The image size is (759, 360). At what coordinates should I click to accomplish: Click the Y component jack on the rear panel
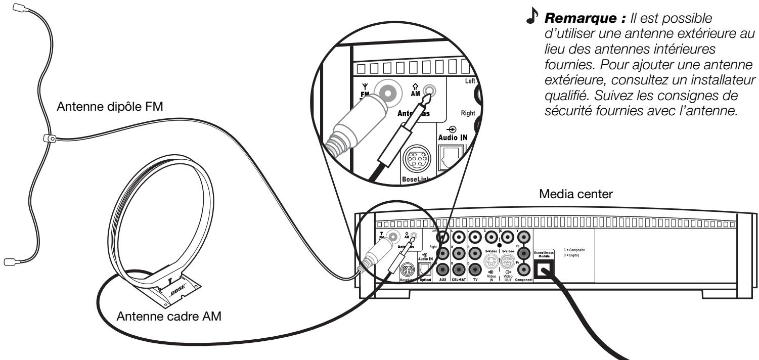pyautogui.click(x=524, y=236)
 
